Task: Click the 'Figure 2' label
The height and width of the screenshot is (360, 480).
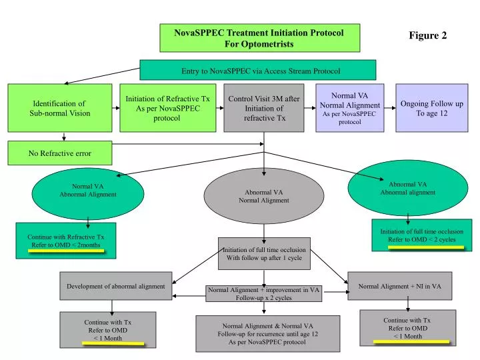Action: click(x=427, y=36)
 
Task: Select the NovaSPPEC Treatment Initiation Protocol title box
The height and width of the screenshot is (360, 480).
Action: click(x=259, y=38)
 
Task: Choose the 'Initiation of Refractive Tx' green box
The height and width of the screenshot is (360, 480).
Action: click(x=167, y=108)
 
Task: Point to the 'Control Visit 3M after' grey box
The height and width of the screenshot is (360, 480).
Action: click(x=264, y=108)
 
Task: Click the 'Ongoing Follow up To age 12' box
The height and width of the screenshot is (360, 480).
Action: click(x=431, y=108)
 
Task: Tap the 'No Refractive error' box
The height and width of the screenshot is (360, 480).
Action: click(x=60, y=153)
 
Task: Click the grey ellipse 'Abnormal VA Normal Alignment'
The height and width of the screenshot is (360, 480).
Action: click(x=264, y=197)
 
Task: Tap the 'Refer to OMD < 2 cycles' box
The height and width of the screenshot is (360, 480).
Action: click(x=421, y=235)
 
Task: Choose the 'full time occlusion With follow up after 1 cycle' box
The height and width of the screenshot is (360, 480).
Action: click(x=264, y=253)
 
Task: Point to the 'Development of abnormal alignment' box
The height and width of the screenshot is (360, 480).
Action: click(x=116, y=286)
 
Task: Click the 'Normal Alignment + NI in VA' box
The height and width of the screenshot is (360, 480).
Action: click(x=399, y=286)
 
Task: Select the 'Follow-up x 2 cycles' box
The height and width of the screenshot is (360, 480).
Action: click(x=264, y=293)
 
